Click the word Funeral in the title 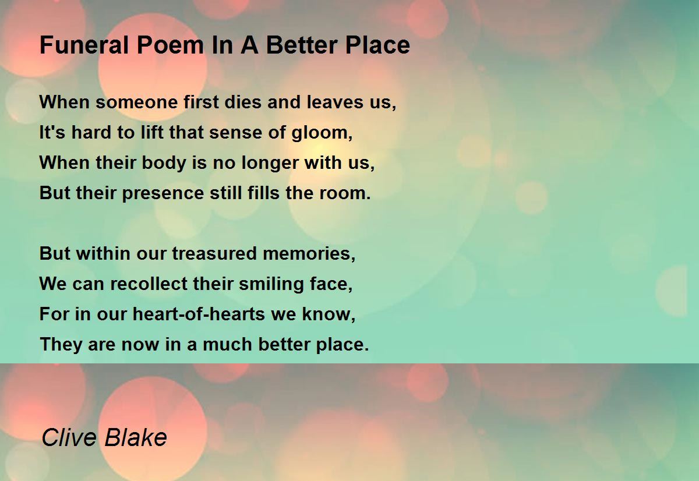click(84, 45)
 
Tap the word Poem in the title click(171, 45)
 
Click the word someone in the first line click(137, 102)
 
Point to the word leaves click(335, 102)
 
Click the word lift click(151, 133)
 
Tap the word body click(164, 163)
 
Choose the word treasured click(214, 253)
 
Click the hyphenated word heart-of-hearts click(199, 314)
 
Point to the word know click(326, 314)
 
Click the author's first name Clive click(69, 437)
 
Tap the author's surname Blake click(136, 437)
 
